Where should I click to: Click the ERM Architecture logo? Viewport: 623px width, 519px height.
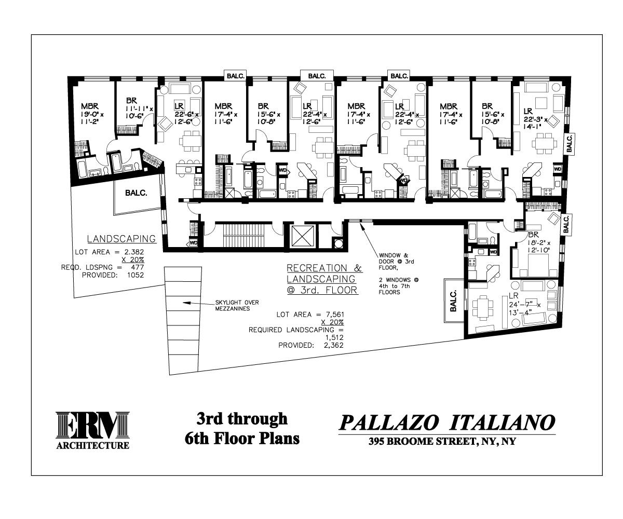(x=93, y=430)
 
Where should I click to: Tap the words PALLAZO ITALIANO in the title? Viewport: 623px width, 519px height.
(x=446, y=422)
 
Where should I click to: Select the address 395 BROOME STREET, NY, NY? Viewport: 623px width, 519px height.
(x=442, y=441)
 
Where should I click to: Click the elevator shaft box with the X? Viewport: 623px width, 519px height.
(x=303, y=236)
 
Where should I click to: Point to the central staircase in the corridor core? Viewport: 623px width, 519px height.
(x=243, y=235)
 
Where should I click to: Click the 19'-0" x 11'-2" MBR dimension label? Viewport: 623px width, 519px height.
(x=92, y=114)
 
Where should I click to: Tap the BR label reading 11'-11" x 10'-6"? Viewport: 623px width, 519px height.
(x=139, y=108)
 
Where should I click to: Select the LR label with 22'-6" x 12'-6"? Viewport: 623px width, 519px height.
(x=186, y=114)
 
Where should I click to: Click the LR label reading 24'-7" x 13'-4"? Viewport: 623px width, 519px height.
(x=525, y=304)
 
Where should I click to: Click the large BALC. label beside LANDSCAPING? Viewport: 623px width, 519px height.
(x=136, y=193)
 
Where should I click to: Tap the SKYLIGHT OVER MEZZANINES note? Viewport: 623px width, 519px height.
(x=237, y=306)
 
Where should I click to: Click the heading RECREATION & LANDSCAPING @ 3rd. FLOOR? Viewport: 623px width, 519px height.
(x=324, y=279)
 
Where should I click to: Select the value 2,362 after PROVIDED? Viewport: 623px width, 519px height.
(x=334, y=345)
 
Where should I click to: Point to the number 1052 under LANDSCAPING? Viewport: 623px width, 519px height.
(x=136, y=275)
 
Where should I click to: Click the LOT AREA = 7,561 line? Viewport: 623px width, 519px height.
(x=310, y=315)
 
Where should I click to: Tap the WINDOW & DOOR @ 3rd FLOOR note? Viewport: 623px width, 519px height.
(x=396, y=262)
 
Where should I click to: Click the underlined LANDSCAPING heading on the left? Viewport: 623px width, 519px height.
(x=121, y=239)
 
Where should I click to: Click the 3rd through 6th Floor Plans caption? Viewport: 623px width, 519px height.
(x=242, y=429)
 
